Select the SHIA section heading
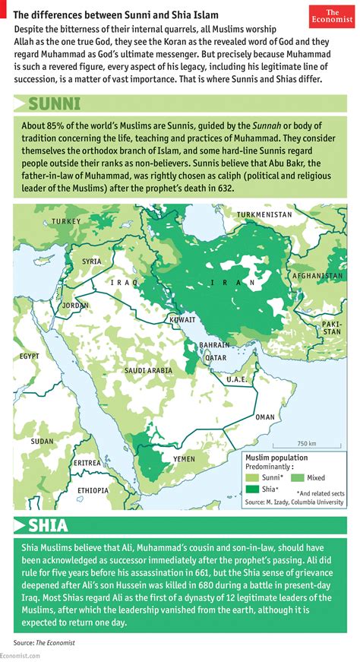click(48, 524)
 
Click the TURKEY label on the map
click(66, 221)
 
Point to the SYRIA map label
click(91, 261)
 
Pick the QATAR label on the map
click(216, 357)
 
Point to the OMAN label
click(264, 417)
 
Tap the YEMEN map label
click(184, 459)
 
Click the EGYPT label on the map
click(30, 355)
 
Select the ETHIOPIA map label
click(93, 490)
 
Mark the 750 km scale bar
click(307, 447)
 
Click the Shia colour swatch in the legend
click(251, 489)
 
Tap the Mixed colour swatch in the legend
click(298, 477)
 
